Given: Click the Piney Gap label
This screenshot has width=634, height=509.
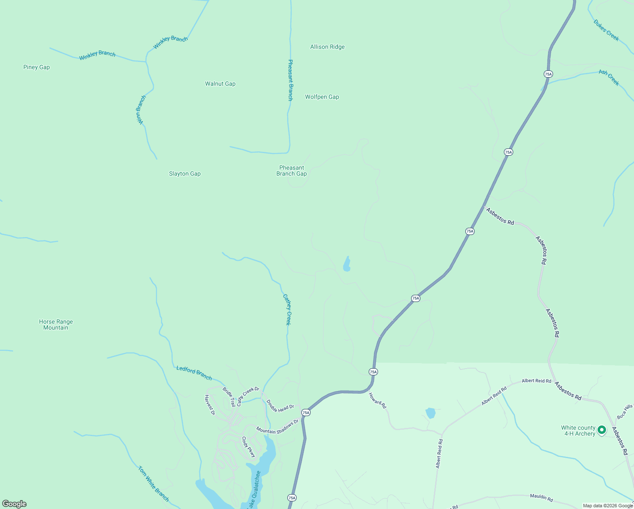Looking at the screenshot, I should pos(36,67).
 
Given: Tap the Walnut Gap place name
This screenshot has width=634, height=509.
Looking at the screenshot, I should pos(220,84).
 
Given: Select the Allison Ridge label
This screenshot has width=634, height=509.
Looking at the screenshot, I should pos(327,47).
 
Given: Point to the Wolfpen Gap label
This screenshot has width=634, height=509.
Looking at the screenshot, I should pos(322,97).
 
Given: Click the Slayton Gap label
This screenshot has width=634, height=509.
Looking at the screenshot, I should pos(185,173).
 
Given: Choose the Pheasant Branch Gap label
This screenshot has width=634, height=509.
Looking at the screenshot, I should pos(292,171).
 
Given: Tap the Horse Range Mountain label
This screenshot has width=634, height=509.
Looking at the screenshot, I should pos(56,324).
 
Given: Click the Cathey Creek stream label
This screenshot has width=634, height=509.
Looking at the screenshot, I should pos(287,310).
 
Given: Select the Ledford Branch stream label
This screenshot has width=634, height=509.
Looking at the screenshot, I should pos(194,373).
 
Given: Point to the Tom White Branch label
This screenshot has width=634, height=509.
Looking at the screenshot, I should pos(153,484).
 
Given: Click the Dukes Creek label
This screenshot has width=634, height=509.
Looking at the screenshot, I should pos(606,30).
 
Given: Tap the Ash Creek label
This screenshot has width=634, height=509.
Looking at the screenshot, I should pos(609,78).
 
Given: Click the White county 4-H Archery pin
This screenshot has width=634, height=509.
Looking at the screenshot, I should pos(601,431).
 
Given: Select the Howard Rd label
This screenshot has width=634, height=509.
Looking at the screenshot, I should pos(377,400).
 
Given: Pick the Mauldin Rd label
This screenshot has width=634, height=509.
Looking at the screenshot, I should pos(541,498).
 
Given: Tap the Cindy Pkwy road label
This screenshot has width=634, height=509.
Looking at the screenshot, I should pos(249,447).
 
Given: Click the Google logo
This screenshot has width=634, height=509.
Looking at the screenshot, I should pos(14,504).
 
